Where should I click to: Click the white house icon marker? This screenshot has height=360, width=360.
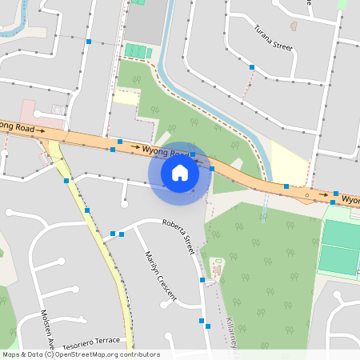[180, 172]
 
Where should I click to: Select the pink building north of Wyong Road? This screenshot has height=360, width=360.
[29, 111]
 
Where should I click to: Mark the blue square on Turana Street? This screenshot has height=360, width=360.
[252, 67]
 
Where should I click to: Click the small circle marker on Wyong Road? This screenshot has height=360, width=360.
[306, 193]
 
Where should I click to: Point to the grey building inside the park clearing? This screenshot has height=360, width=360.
[216, 265]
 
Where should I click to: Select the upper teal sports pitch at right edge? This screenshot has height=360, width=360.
[340, 234]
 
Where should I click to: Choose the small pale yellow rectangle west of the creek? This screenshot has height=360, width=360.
[126, 97]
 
